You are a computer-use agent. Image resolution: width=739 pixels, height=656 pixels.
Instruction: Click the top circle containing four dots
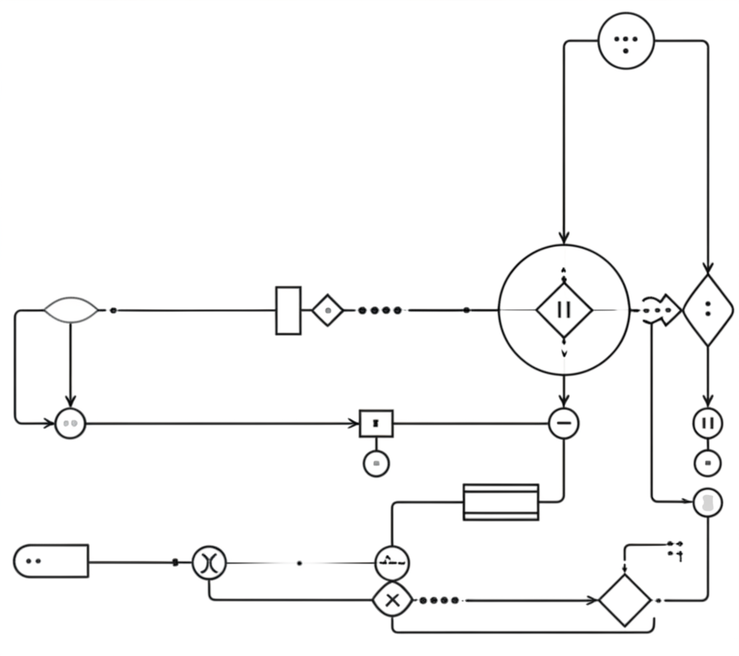(626, 40)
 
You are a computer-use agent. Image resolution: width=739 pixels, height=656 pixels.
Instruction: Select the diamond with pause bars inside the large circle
(564, 310)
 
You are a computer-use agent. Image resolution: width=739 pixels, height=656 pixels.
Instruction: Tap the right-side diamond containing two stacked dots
(707, 310)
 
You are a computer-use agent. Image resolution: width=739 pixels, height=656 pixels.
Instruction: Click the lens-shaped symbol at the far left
(71, 311)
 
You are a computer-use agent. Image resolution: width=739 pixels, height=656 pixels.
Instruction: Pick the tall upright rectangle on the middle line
(288, 311)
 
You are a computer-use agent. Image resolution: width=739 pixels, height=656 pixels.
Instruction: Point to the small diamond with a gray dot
(328, 311)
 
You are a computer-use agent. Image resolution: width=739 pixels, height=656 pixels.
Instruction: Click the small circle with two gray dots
(70, 423)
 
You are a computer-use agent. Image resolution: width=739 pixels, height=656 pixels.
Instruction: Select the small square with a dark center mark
(376, 423)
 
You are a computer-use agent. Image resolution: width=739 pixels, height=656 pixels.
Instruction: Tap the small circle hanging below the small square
(376, 463)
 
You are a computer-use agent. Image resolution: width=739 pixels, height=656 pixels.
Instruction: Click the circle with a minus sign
(564, 423)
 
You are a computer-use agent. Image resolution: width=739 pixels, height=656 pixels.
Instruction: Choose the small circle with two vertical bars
(707, 423)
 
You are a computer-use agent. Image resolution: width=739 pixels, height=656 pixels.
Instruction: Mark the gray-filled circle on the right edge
(707, 503)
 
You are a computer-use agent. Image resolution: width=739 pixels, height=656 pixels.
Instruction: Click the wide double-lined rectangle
(501, 502)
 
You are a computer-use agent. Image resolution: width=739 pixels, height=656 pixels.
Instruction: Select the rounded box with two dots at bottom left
(51, 561)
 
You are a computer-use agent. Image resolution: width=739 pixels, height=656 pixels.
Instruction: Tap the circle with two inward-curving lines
(209, 563)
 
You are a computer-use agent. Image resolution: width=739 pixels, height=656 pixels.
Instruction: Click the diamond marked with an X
(392, 600)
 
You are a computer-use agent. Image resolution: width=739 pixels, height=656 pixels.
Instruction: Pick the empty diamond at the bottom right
(625, 600)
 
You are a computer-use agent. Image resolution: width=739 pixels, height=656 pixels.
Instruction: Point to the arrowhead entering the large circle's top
(564, 238)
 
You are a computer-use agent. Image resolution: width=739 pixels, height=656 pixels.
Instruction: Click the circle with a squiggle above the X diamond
(392, 563)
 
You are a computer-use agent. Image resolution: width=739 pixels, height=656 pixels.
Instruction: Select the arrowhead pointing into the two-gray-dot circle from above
(70, 402)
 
